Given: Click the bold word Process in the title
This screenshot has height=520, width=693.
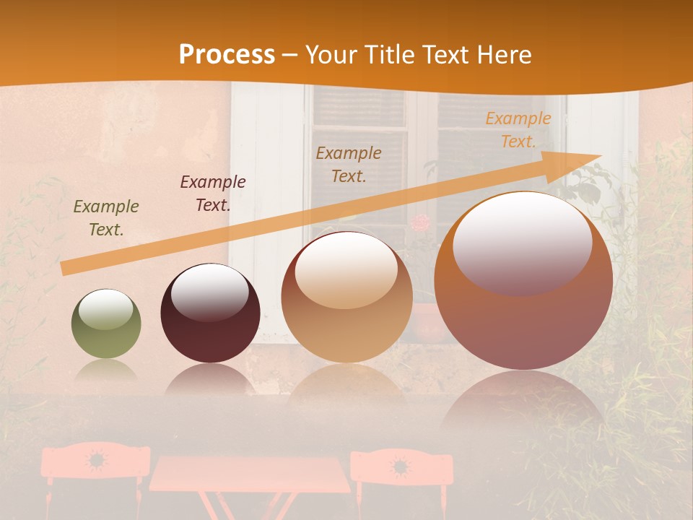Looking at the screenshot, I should click(226, 55).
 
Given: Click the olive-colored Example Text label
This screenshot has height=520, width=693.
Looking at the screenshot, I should click(106, 218).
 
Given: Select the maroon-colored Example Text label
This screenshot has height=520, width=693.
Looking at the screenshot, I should click(213, 194).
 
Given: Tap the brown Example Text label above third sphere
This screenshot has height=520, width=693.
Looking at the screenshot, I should click(349, 164).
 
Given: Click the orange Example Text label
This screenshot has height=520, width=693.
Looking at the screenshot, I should click(518, 130).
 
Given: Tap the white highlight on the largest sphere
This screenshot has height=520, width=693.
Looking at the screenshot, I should click(522, 242).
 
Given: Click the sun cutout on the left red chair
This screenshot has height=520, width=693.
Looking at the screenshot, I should click(95, 459).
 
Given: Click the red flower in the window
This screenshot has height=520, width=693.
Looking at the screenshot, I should click(422, 222).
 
